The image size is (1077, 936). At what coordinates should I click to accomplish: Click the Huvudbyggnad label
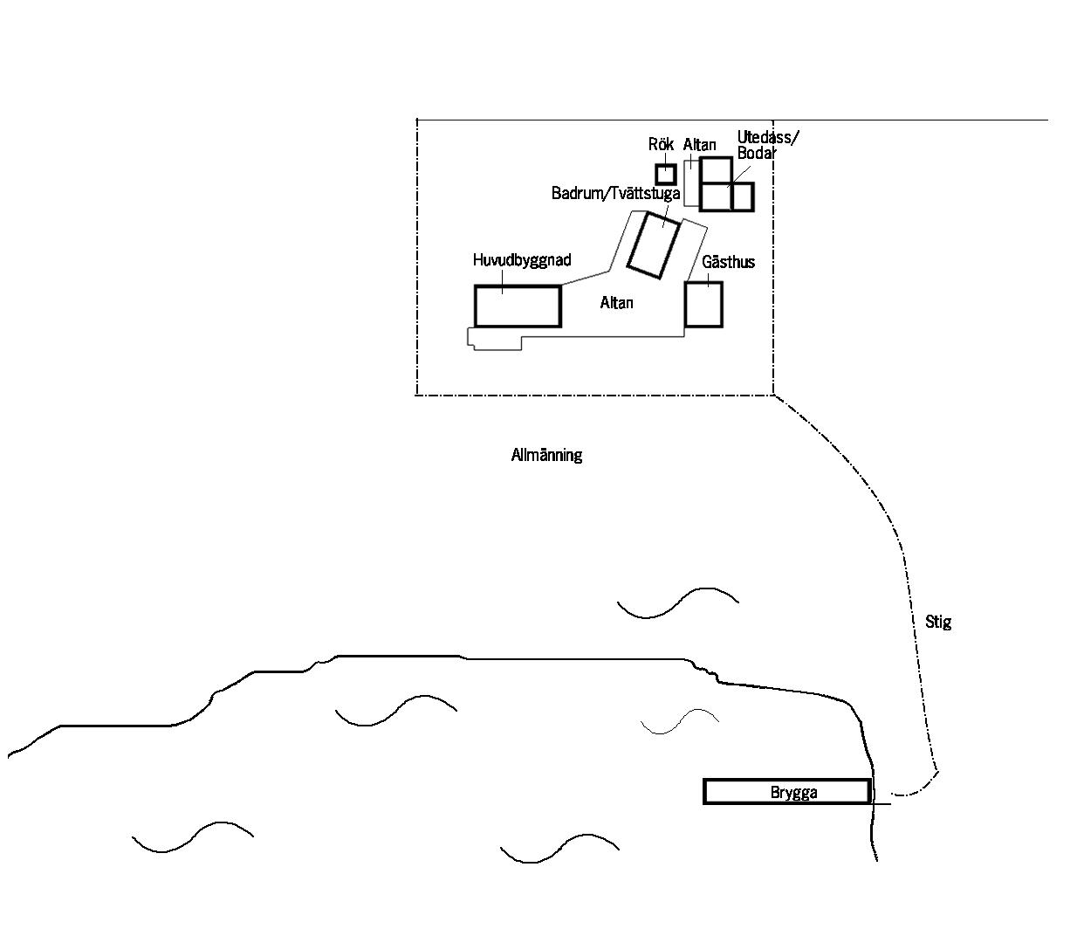522,260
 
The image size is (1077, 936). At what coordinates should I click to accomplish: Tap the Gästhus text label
728,262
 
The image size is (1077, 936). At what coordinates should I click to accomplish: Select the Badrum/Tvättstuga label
615,194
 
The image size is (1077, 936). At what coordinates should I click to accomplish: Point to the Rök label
661,144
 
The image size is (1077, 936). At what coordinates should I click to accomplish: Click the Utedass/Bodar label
767,145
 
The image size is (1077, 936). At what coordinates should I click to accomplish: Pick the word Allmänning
546,455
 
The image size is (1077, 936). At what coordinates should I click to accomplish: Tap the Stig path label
938,622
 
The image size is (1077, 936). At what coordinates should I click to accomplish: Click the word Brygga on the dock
793,792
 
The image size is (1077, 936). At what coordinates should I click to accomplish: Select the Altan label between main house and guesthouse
616,303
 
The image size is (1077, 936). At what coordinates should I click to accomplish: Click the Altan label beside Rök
699,145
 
